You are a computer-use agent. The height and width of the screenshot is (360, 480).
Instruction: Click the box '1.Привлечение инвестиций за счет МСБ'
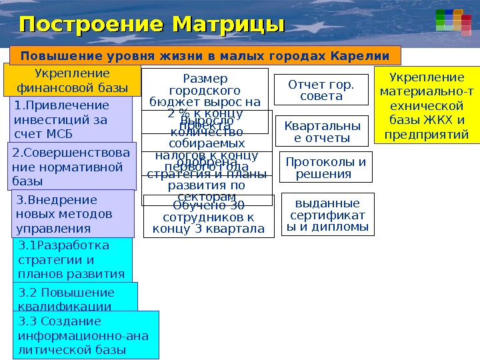click(71, 120)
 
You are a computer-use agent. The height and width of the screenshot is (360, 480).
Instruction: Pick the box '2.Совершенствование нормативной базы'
click(72, 166)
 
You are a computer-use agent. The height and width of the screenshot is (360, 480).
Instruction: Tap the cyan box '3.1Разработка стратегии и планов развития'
click(72, 259)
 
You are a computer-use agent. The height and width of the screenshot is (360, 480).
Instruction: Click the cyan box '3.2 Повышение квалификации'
click(75, 298)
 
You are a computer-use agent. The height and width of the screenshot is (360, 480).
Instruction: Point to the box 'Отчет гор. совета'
click(321, 90)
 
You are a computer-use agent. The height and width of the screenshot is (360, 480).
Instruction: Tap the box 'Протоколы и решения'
click(326, 168)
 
